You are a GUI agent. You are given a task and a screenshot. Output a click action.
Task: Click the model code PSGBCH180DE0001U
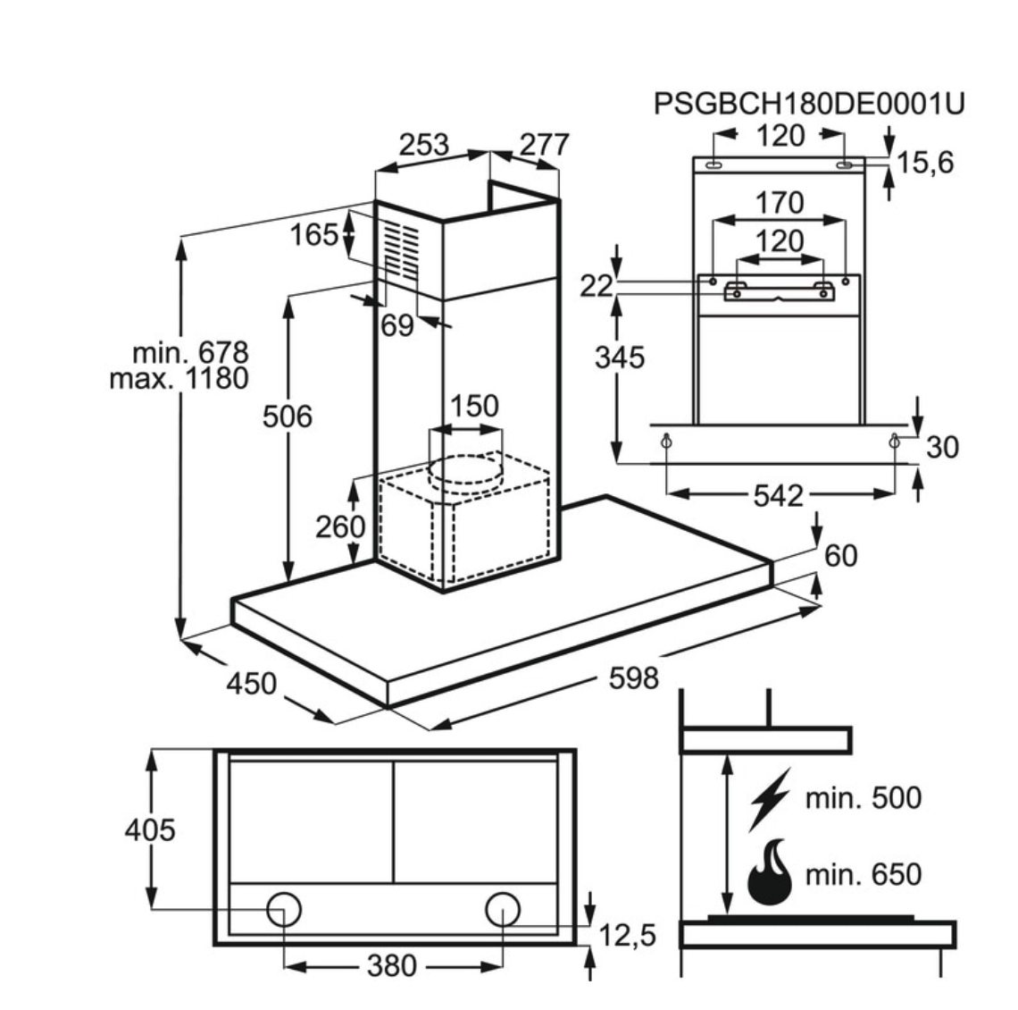[x=809, y=104]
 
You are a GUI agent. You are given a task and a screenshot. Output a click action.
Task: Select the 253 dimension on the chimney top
[x=423, y=145]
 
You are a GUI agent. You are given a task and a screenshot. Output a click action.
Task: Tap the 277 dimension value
[x=543, y=145]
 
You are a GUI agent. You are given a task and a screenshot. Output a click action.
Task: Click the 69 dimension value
[x=397, y=325]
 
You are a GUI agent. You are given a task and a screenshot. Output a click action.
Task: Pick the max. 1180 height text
[x=179, y=378]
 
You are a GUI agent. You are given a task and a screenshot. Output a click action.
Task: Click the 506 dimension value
[x=287, y=416]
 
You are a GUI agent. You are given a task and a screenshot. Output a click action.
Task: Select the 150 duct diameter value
[x=473, y=406]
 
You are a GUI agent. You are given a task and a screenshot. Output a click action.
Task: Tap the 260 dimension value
[x=340, y=526]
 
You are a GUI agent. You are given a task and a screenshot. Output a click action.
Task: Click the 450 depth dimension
[x=251, y=684]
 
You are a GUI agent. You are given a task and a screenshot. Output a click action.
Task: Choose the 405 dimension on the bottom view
[x=150, y=830]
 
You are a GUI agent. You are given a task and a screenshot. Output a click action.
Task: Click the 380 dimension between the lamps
[x=392, y=965]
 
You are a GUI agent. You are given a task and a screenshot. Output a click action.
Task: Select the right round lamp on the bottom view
[x=503, y=909]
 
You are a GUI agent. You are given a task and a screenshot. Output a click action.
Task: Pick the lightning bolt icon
[x=770, y=797]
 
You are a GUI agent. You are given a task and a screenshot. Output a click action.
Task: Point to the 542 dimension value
[x=779, y=495]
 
